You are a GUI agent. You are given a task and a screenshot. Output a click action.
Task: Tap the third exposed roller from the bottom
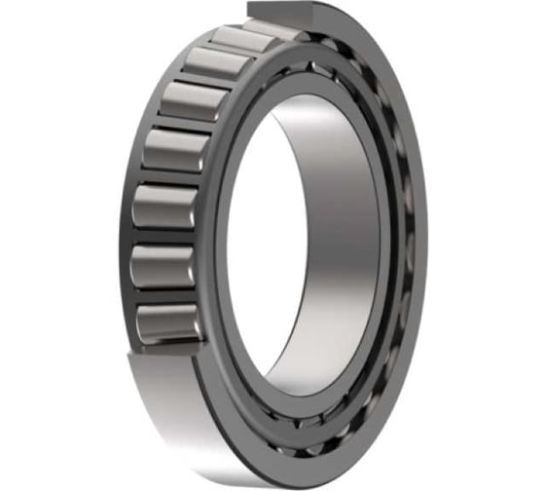coord(163,207)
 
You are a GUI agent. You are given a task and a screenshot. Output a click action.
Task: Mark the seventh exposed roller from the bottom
coord(244,39)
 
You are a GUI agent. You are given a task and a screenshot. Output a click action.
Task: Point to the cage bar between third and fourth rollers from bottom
coord(167,178)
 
